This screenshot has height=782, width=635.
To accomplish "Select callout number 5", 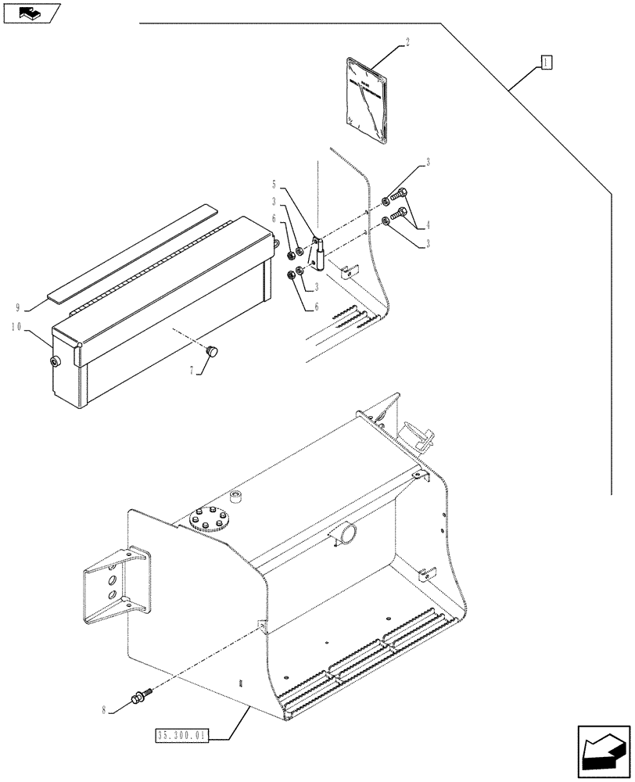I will pyautogui.click(x=274, y=185).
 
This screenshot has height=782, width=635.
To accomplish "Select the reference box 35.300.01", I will pyautogui.click(x=181, y=735).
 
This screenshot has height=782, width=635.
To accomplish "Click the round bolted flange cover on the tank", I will pyautogui.click(x=207, y=519).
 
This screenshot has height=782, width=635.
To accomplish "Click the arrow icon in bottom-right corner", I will pyautogui.click(x=603, y=752).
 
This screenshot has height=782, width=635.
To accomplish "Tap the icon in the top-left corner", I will pyautogui.click(x=30, y=13).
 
